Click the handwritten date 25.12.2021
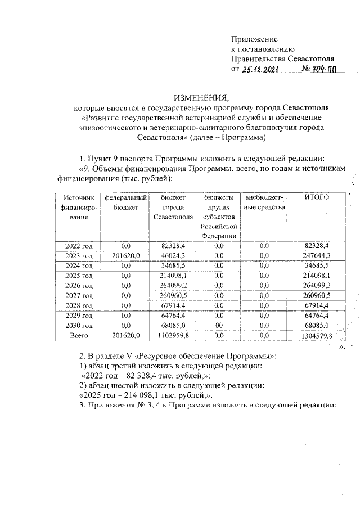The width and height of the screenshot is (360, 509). pos(263,69)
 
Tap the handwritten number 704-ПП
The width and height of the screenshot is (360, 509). pos(327,69)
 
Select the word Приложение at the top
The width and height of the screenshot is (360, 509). pos(254,39)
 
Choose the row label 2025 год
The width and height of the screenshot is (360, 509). pos(78,275)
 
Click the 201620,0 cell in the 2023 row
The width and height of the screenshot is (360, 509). pos(122,255)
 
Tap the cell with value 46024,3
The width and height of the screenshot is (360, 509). pos(173,255)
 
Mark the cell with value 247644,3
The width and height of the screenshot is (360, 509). pos(316,255)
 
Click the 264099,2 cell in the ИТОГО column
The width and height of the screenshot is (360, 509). pos(316,285)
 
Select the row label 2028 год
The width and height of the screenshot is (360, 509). pos(78,305)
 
